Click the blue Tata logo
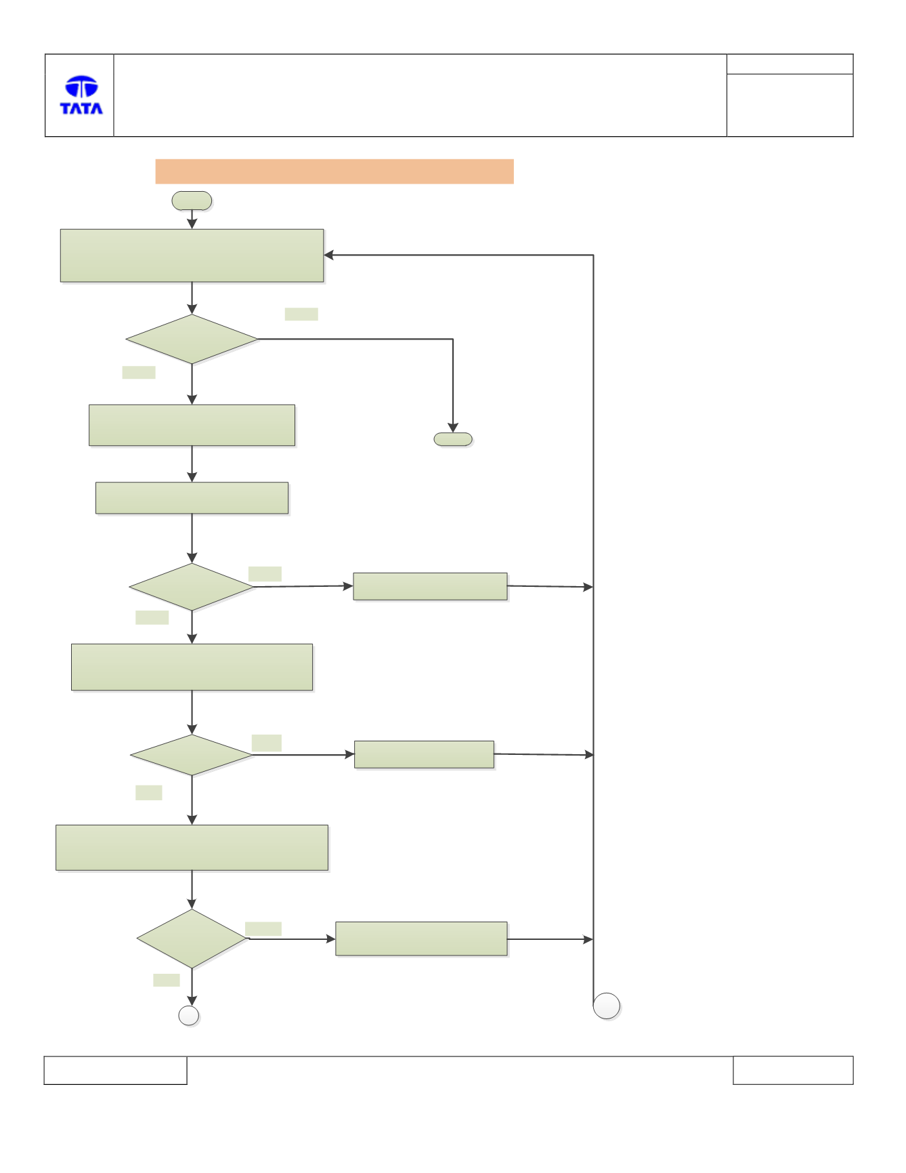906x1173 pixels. click(81, 95)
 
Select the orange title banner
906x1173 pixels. click(335, 171)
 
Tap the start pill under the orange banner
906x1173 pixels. click(192, 201)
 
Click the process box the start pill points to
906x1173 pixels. click(192, 255)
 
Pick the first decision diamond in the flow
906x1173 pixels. click(192, 339)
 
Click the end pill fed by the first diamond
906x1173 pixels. click(453, 439)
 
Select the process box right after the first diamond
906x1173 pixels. click(192, 425)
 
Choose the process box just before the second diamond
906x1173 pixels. click(192, 498)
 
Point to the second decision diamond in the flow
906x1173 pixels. click(192, 587)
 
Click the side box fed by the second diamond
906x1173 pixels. click(430, 586)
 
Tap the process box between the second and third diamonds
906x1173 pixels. click(192, 667)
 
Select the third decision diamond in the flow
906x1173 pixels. click(192, 755)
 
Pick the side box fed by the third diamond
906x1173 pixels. click(424, 754)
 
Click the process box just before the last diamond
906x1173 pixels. click(192, 848)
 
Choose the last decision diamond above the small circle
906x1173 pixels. click(192, 939)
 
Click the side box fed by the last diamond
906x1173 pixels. click(421, 939)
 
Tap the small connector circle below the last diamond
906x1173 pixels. click(188, 1016)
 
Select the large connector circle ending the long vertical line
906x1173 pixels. click(607, 1006)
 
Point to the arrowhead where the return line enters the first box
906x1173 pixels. click(328, 255)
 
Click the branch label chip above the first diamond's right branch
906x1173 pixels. click(301, 314)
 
